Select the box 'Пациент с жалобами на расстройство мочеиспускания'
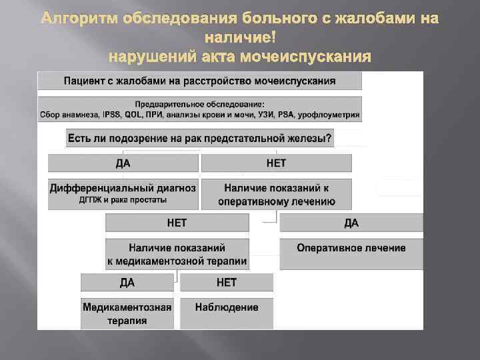199,81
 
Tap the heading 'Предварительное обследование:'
199,104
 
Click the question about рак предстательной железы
199,139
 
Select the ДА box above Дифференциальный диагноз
123,163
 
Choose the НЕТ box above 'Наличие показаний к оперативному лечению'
276,163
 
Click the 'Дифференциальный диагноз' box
123,188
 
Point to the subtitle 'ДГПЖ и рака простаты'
123,199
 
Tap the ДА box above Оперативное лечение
351,223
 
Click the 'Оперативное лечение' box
351,248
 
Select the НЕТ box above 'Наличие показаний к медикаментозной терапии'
177,223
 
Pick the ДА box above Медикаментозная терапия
127,283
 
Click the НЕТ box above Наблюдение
227,283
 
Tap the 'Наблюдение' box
227,307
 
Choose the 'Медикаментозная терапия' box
127,314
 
